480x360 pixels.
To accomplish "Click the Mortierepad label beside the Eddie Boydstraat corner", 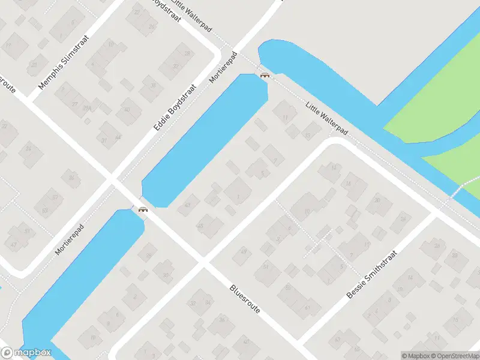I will [223, 67].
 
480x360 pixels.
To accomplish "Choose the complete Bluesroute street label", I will [245, 298].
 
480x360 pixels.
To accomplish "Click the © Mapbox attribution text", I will [416, 356].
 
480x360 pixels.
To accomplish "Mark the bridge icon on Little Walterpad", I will [264, 75].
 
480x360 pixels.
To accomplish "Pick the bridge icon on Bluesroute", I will [143, 209].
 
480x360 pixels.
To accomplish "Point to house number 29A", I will [88, 109].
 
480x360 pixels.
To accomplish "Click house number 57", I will [55, 197].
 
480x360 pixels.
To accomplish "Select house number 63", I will [45, 211].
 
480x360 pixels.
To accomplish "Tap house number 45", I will [200, 226].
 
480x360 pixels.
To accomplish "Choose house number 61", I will [26, 230].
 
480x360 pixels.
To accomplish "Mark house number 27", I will [75, 104].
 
